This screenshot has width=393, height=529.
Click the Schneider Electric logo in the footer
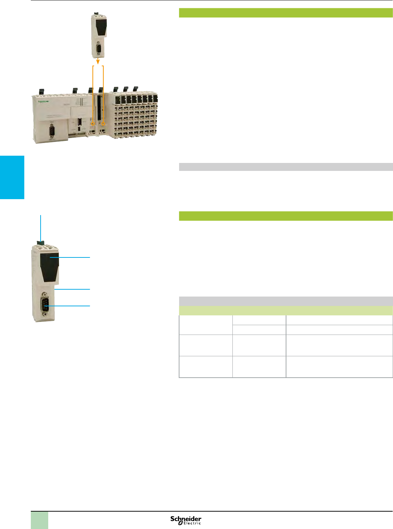pos(186,520)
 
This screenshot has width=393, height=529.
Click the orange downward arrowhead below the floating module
pos(98,61)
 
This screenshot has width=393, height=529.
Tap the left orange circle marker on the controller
pos(93,124)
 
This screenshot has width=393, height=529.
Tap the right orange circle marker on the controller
pos(103,124)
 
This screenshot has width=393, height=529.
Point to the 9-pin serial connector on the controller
pos(51,130)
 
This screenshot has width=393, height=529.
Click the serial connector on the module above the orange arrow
pos(98,49)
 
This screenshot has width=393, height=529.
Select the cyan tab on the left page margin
pos(12,177)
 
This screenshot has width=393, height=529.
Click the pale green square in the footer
pos(40,520)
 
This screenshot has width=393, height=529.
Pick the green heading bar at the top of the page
pos(286,13)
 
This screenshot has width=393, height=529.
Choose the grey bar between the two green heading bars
pos(286,167)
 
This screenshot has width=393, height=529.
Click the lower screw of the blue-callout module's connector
pos(45,317)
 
